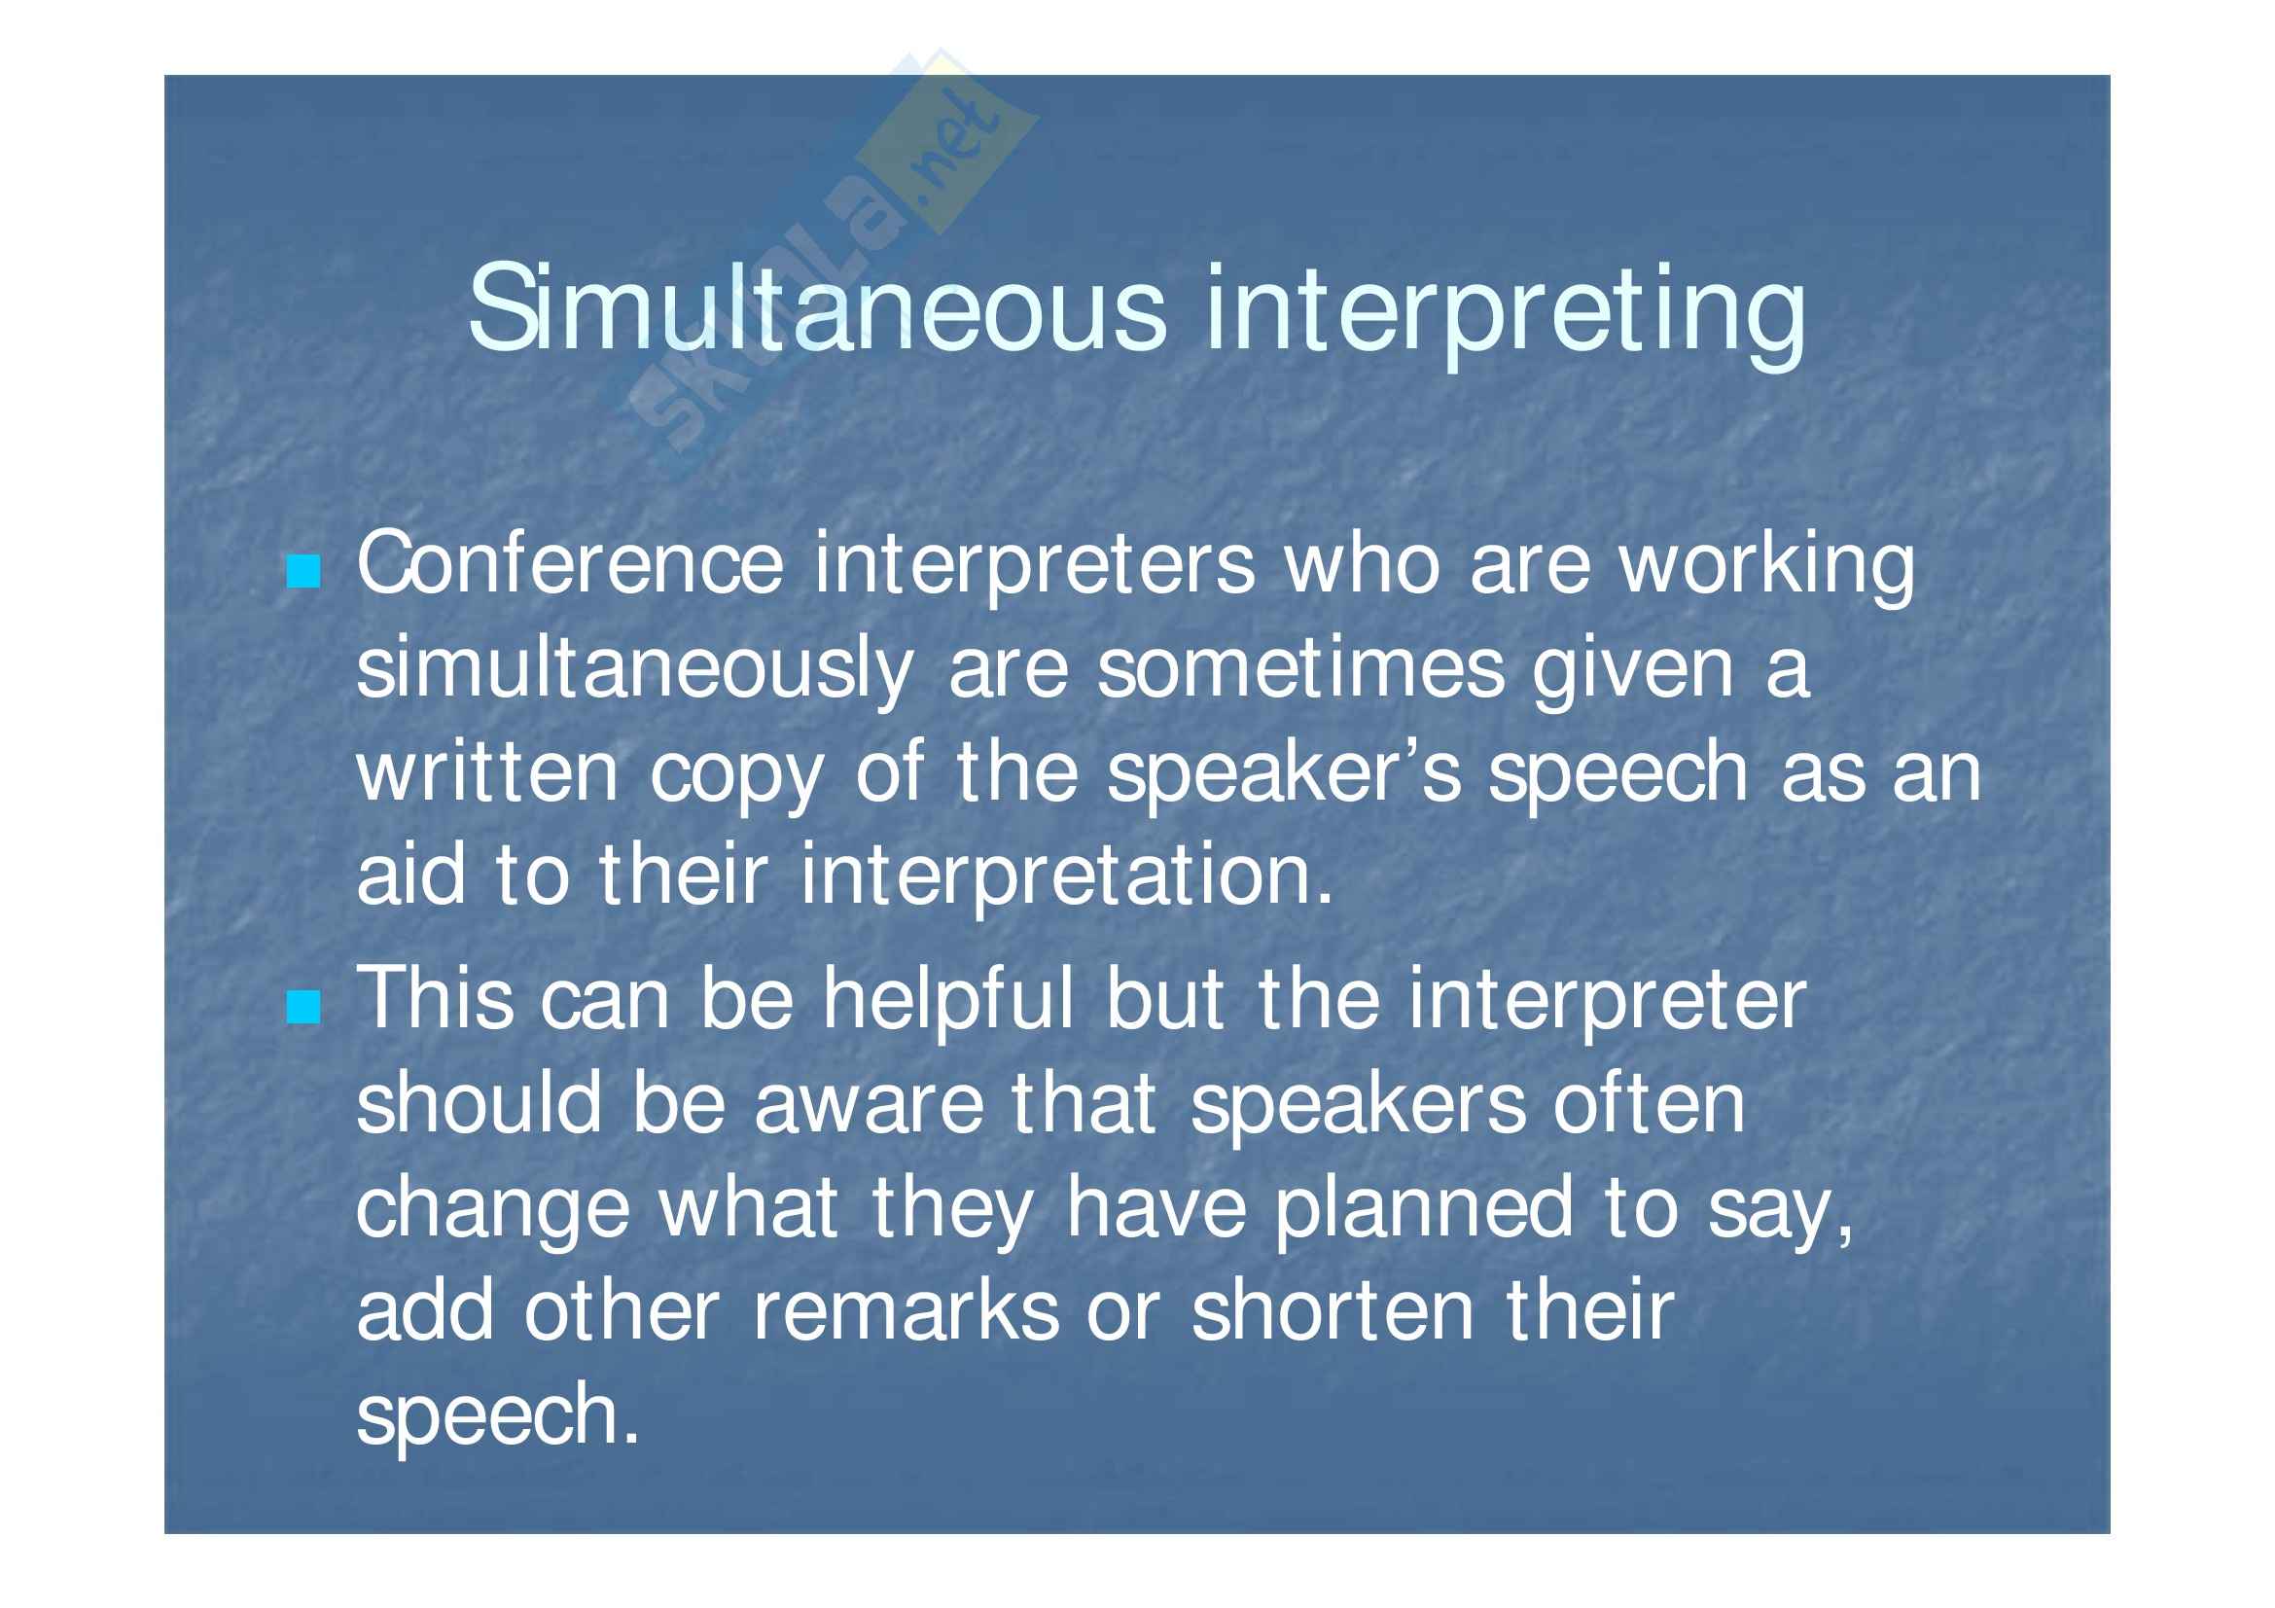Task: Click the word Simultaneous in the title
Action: point(818,308)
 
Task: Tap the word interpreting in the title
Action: point(1506,315)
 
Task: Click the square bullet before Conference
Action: point(303,572)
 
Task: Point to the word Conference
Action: point(571,564)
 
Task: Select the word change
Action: point(493,1211)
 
